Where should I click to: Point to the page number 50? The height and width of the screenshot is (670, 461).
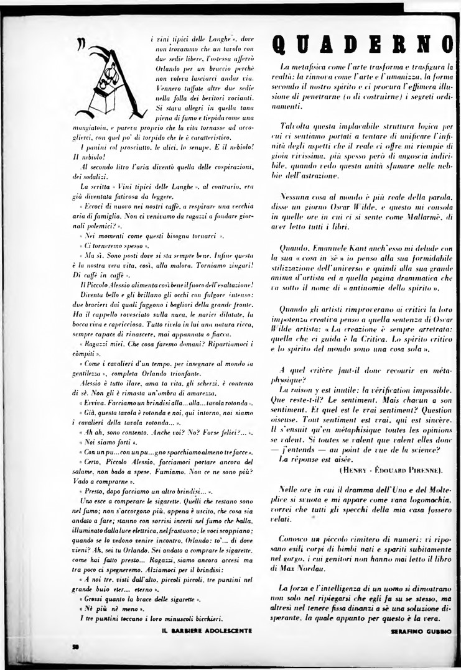point(75,646)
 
